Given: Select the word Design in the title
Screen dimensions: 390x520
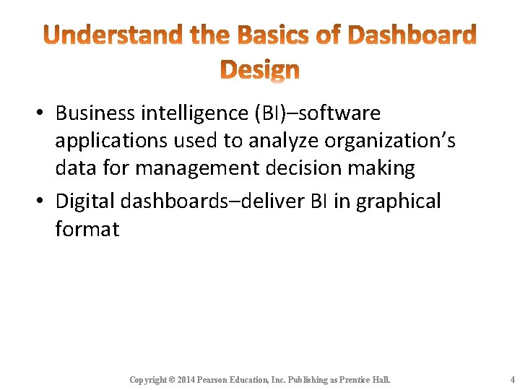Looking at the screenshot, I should point(259,69).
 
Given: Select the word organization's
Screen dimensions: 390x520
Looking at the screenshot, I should point(389,141).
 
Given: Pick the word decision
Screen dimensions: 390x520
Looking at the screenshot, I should point(303,168).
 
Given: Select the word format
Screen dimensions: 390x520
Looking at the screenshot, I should point(87,229).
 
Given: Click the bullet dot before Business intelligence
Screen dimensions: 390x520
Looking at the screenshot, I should point(40,114).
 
